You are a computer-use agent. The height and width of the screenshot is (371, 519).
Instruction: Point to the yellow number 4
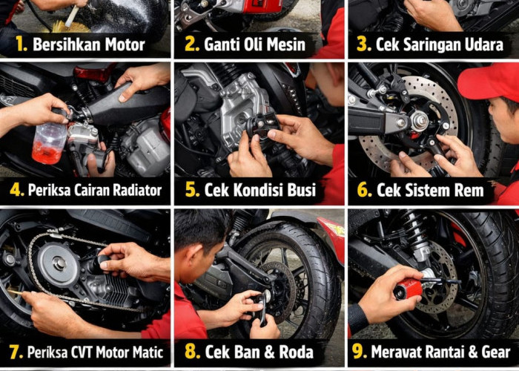(x=16, y=190)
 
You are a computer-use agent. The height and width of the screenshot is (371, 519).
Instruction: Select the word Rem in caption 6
(x=468, y=190)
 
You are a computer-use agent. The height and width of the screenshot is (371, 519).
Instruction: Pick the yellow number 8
(x=191, y=352)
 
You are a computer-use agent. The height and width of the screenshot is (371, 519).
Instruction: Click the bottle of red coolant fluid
(x=49, y=142)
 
